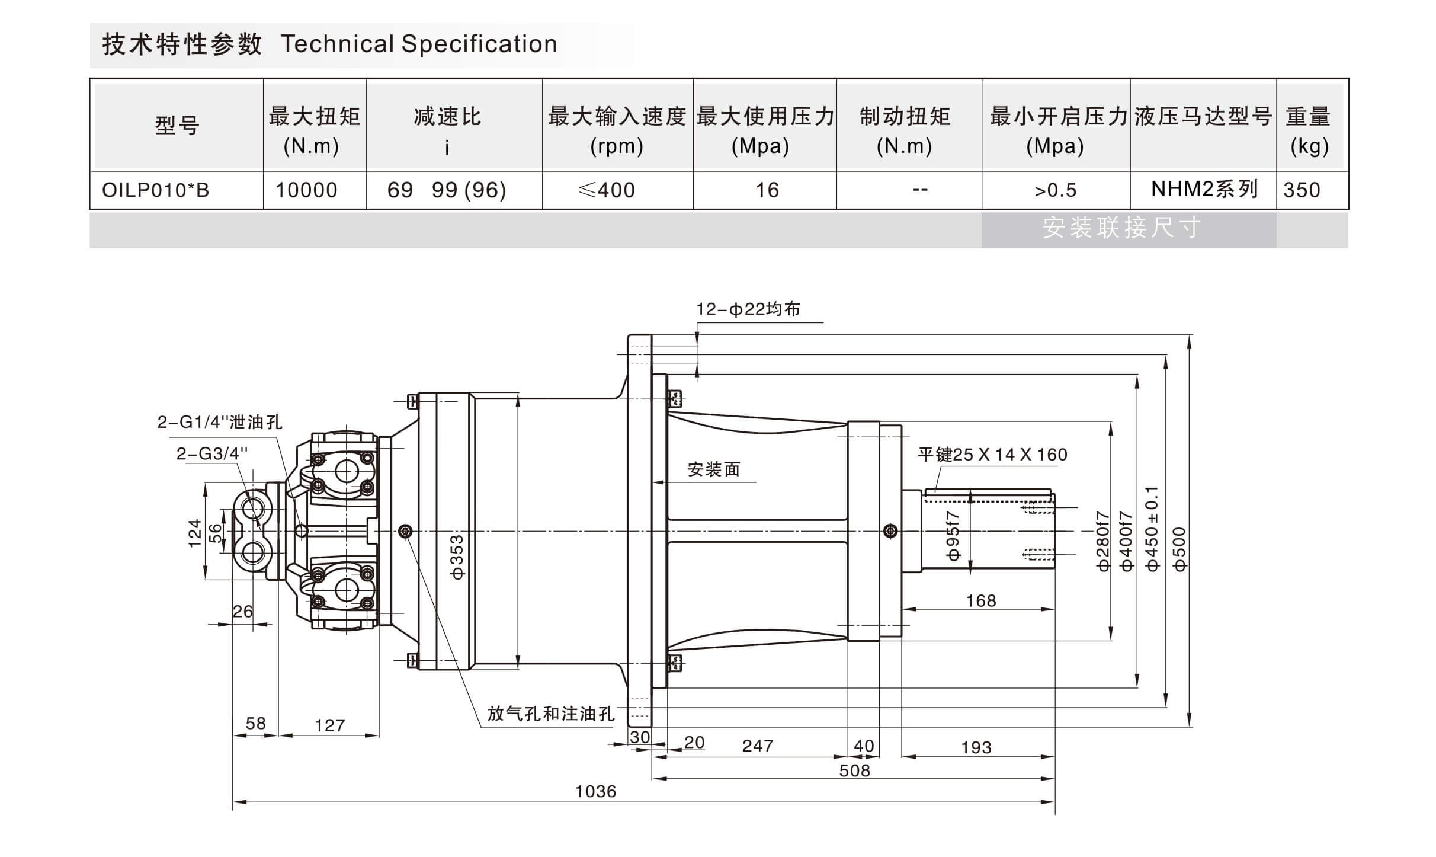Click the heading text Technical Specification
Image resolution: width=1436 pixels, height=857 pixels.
click(419, 44)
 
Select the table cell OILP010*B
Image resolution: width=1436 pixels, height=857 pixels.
click(155, 190)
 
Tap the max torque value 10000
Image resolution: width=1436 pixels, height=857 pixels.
click(306, 190)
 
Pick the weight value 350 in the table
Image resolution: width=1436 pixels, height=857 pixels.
click(1302, 190)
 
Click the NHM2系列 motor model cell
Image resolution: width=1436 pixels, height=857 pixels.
click(1204, 189)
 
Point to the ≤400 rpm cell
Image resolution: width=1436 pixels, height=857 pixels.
click(607, 190)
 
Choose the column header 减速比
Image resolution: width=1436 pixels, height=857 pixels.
click(447, 117)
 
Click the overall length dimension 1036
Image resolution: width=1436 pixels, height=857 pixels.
click(595, 791)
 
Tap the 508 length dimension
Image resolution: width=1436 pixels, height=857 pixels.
click(854, 770)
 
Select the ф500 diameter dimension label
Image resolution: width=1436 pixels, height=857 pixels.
click(1179, 549)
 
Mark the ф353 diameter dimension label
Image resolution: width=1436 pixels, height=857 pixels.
click(457, 557)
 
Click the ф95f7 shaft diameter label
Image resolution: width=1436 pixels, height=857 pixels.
click(953, 536)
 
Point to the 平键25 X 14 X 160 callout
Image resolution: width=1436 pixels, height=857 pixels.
click(992, 455)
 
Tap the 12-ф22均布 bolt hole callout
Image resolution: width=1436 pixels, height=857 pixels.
click(748, 309)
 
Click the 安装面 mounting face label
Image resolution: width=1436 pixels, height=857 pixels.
click(713, 470)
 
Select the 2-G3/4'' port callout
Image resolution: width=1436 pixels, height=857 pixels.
click(212, 454)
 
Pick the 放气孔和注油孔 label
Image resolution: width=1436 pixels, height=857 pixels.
click(550, 714)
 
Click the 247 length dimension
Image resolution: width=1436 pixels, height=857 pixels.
click(758, 746)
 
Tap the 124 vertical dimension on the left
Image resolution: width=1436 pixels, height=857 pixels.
click(195, 533)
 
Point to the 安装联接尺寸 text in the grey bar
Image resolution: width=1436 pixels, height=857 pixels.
click(1122, 228)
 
